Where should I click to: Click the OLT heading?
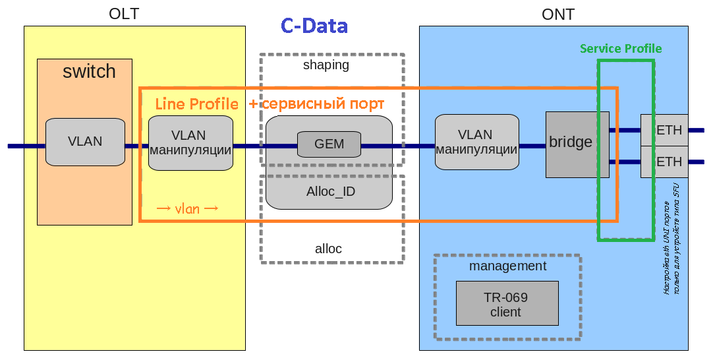(x=124, y=14)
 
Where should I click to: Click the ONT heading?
(x=557, y=14)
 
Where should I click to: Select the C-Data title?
(x=314, y=26)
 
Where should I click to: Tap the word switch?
(x=89, y=71)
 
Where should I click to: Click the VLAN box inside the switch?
(x=85, y=142)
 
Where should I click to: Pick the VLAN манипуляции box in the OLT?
(x=190, y=142)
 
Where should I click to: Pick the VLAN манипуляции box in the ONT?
(x=476, y=142)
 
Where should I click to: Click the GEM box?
(x=329, y=144)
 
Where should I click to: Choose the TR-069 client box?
(x=507, y=304)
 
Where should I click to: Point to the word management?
(x=507, y=266)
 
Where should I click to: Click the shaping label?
(x=326, y=65)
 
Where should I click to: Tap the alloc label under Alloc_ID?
(x=328, y=249)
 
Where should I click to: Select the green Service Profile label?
(x=621, y=49)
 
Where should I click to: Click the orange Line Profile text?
(x=196, y=104)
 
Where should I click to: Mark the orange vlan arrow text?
(x=187, y=208)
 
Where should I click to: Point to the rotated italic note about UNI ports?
(x=670, y=239)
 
